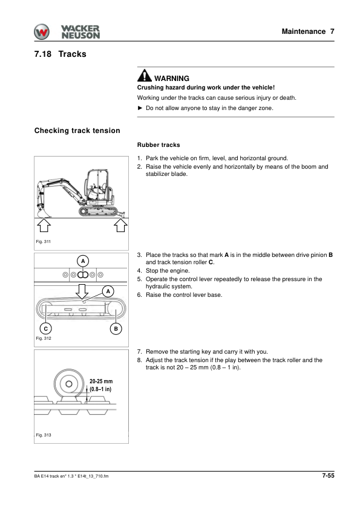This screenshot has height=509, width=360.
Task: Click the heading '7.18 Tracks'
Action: [x=61, y=54]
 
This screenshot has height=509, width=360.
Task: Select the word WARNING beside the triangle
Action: [x=172, y=79]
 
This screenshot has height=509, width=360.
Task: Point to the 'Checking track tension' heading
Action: [x=77, y=131]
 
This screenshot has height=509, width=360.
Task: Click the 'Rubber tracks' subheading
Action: [x=159, y=145]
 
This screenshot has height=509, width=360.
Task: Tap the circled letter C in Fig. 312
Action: [x=46, y=328]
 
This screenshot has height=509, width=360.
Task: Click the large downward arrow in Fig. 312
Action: [x=82, y=292]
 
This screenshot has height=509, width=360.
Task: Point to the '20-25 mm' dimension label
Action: [x=101, y=381]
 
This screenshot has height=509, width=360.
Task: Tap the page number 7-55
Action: [x=328, y=476]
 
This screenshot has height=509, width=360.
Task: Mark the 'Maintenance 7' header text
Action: [x=308, y=31]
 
